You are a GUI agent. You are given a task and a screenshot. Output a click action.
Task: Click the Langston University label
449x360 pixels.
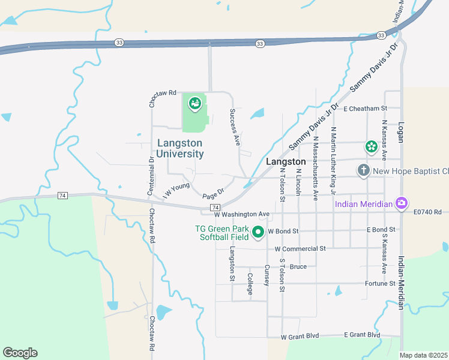coord(179,148)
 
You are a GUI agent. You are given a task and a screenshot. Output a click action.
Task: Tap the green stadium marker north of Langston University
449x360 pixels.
coord(194,104)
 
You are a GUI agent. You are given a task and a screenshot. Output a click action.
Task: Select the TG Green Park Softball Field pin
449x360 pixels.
coord(258,231)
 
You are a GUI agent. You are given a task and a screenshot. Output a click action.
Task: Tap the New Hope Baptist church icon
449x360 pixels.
coord(363,171)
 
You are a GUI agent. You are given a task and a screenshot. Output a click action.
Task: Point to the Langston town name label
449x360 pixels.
coord(286,162)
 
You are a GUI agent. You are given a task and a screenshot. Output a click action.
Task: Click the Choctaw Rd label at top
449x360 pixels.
coord(163,93)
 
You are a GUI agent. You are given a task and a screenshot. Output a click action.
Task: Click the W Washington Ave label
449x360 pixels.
coord(243,214)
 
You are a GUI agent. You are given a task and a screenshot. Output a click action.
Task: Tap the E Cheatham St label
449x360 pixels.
coord(366,109)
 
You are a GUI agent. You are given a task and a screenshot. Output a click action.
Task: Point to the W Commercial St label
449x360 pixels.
coord(300,248)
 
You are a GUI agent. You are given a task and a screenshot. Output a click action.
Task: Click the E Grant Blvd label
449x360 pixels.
coord(362,335)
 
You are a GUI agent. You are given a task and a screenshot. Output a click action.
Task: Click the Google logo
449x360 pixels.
coord(20,353)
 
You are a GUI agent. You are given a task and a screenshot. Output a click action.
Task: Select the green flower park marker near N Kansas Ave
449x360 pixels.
coord(372,146)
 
